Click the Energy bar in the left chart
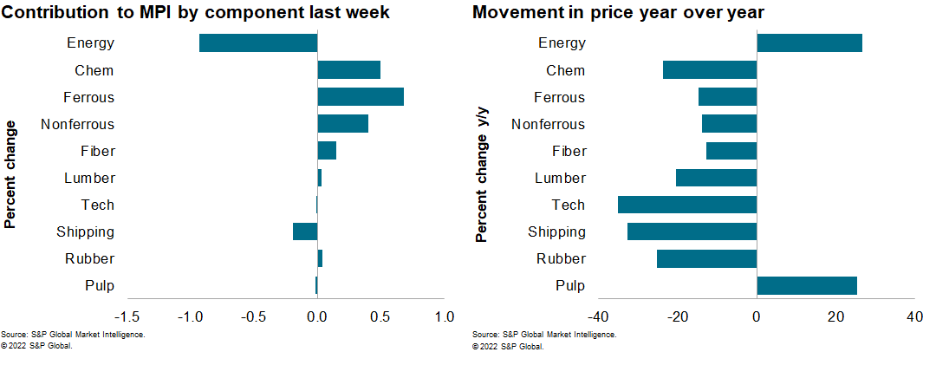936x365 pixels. coord(258,43)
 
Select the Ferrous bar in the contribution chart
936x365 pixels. coord(361,97)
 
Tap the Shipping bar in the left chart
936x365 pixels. coord(305,231)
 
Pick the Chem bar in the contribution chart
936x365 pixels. coord(349,70)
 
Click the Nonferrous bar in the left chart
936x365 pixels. coord(343,124)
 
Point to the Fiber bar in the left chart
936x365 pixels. coord(327,151)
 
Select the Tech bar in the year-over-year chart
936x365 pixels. coord(687,205)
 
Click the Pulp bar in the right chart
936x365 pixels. coord(807,285)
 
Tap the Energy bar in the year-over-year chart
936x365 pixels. coord(809,43)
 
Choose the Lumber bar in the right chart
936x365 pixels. coord(717,178)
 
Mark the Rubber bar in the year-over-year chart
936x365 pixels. coord(707,258)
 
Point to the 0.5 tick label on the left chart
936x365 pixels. coord(380,317)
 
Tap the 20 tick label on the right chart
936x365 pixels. coord(835,317)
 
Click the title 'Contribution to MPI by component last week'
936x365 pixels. coord(196,13)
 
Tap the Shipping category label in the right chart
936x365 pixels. coord(557,231)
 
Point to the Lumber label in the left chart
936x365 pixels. coord(89,178)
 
